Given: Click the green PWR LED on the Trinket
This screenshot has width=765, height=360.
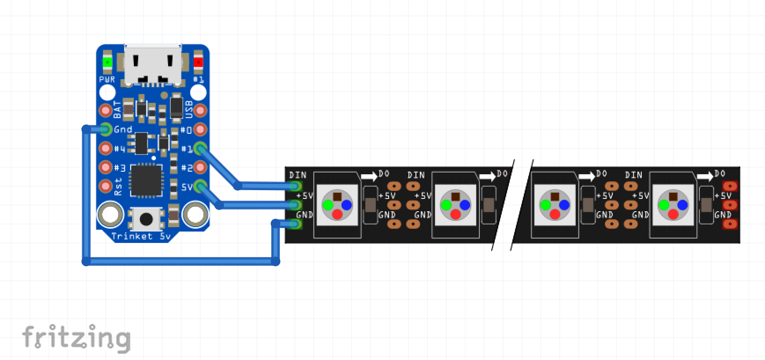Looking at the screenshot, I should point(107,62).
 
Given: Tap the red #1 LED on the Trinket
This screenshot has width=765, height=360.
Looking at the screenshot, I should point(199,62).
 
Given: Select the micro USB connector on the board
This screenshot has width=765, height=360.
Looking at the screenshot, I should point(153,64).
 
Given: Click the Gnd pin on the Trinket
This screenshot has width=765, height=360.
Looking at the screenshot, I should point(106,129).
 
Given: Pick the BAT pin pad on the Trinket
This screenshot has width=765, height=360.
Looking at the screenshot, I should point(106,110).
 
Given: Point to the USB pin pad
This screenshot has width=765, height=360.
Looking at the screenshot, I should point(200,110).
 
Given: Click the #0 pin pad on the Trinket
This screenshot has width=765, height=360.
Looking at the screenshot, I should point(200,129).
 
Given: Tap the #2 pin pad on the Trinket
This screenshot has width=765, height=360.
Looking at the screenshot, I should point(200,167).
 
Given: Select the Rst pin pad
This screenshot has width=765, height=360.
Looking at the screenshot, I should point(106,186).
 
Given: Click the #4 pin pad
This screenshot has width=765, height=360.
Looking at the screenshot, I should point(106,148).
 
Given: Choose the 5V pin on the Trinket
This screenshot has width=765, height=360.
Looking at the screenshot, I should point(200,186).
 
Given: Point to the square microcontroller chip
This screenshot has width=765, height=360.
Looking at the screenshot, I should point(146,180).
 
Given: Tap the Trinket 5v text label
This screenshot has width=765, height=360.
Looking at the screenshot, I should point(141,236).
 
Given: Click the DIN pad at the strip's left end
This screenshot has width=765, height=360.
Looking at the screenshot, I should point(297,186).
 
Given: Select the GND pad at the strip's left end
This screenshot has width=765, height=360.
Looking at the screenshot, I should point(297,224).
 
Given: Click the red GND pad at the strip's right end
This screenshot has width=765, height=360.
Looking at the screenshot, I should point(729,224).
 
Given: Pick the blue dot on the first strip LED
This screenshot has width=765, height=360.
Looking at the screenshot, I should point(346,205).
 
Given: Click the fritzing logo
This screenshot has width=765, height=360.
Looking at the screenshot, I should point(76,338).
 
